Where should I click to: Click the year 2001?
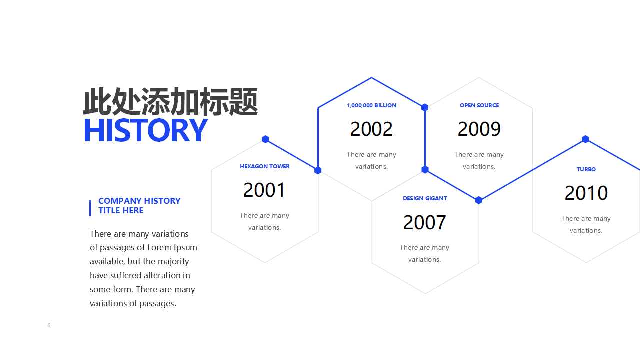click(264, 190)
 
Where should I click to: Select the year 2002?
click(371, 129)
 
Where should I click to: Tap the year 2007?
click(425, 222)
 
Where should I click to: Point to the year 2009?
click(479, 129)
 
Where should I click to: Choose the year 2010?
click(586, 193)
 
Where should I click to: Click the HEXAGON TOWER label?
click(265, 166)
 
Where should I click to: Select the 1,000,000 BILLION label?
click(371, 105)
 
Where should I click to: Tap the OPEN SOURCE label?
click(479, 105)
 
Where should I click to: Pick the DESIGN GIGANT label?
click(425, 198)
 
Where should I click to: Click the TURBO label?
click(586, 169)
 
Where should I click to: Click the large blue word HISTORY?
click(145, 130)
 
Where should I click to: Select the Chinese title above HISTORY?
click(170, 102)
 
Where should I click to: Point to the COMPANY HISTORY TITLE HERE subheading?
click(139, 205)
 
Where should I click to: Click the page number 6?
click(49, 325)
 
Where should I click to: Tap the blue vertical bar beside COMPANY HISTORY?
click(90, 208)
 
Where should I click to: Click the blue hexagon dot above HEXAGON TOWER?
click(265, 139)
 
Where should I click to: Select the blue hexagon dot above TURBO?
click(585, 139)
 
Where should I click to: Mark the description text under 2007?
click(424, 253)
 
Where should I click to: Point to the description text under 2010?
click(586, 224)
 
